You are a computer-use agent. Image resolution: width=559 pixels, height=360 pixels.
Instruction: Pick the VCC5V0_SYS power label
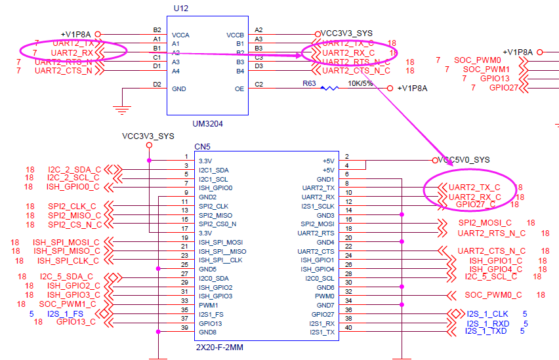point(464,160)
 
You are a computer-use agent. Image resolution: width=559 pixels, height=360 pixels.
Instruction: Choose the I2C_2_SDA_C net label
point(74,170)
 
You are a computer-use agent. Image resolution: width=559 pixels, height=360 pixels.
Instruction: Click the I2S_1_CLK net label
point(487,313)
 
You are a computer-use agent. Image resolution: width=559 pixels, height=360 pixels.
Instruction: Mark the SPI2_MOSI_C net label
point(485,224)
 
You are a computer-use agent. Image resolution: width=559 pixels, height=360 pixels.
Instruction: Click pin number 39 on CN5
point(185,329)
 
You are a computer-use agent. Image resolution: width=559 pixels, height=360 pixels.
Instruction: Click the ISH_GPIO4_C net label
point(496,268)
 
